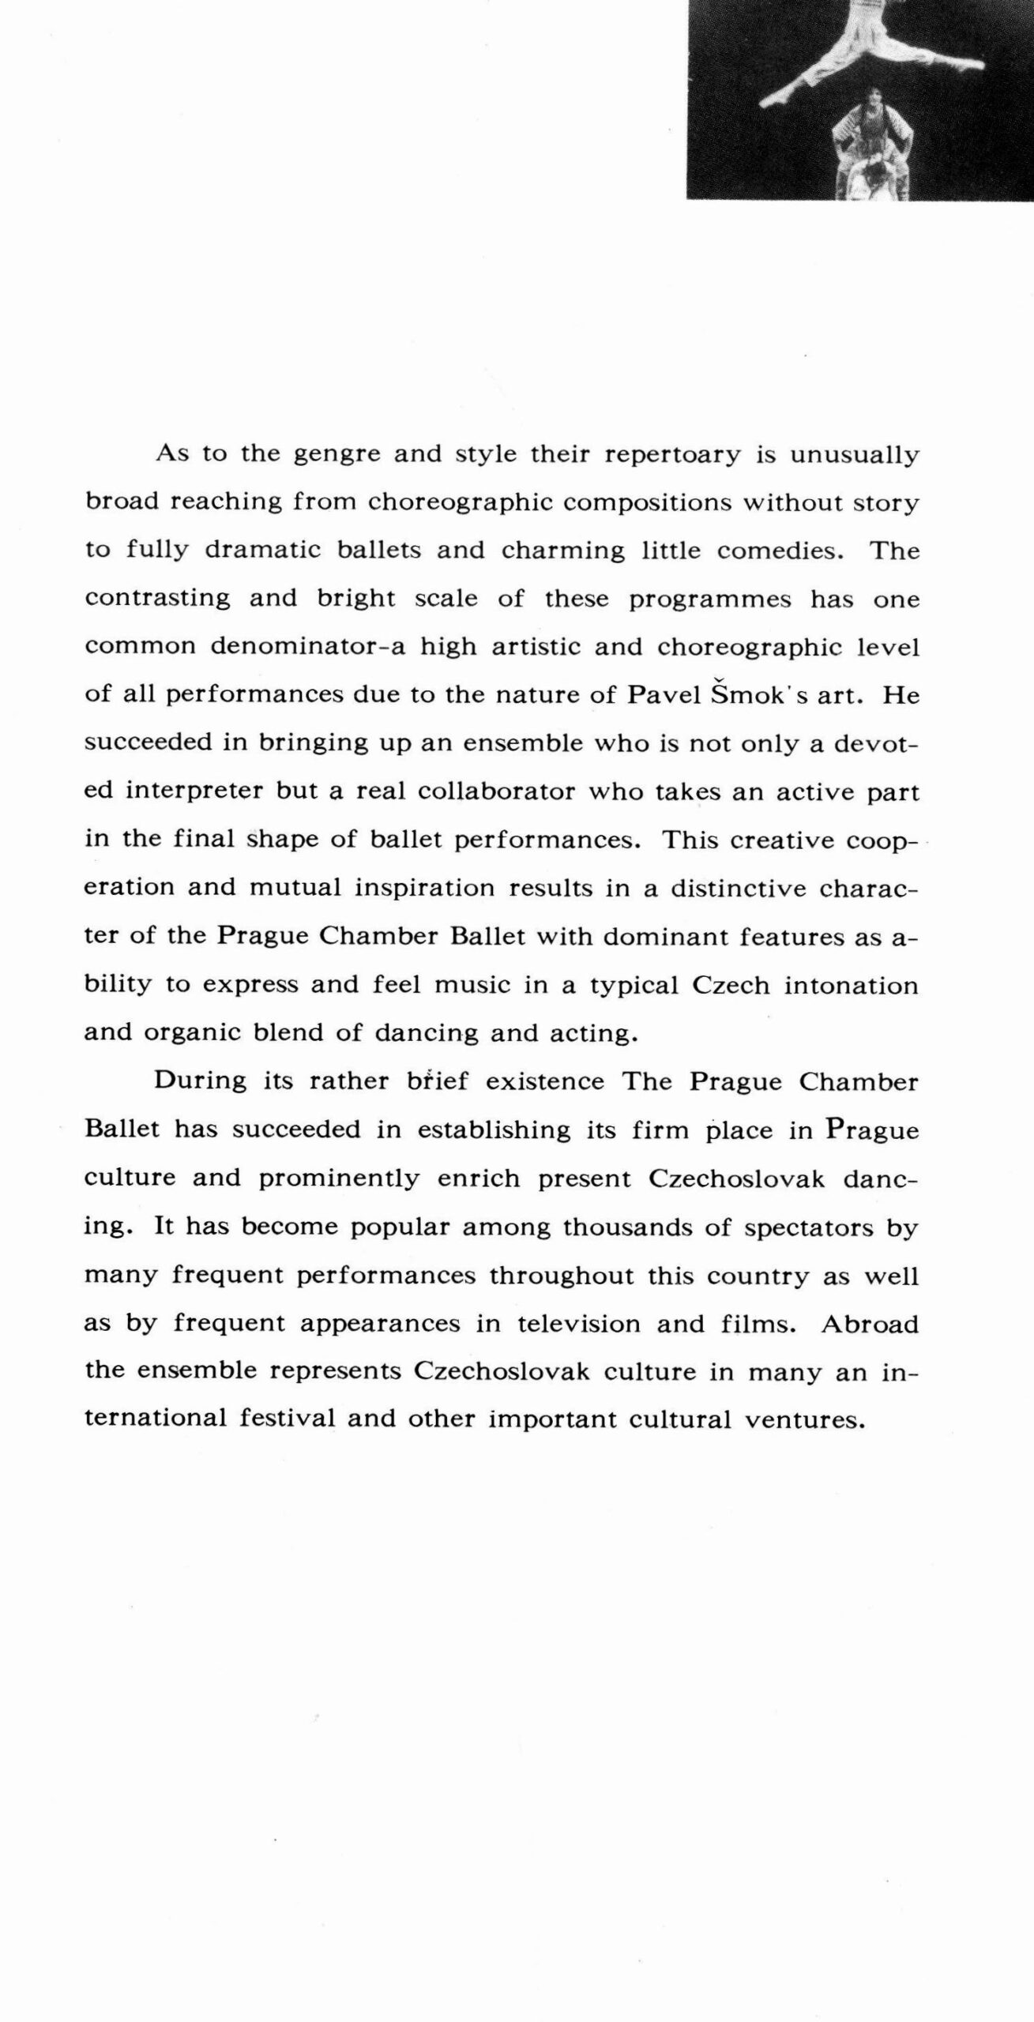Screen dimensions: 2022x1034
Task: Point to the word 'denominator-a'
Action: (x=309, y=646)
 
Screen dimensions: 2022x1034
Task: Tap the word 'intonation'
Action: (x=852, y=985)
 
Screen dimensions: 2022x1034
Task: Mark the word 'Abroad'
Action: (x=870, y=1323)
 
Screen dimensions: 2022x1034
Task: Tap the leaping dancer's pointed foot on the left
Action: (x=771, y=100)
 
